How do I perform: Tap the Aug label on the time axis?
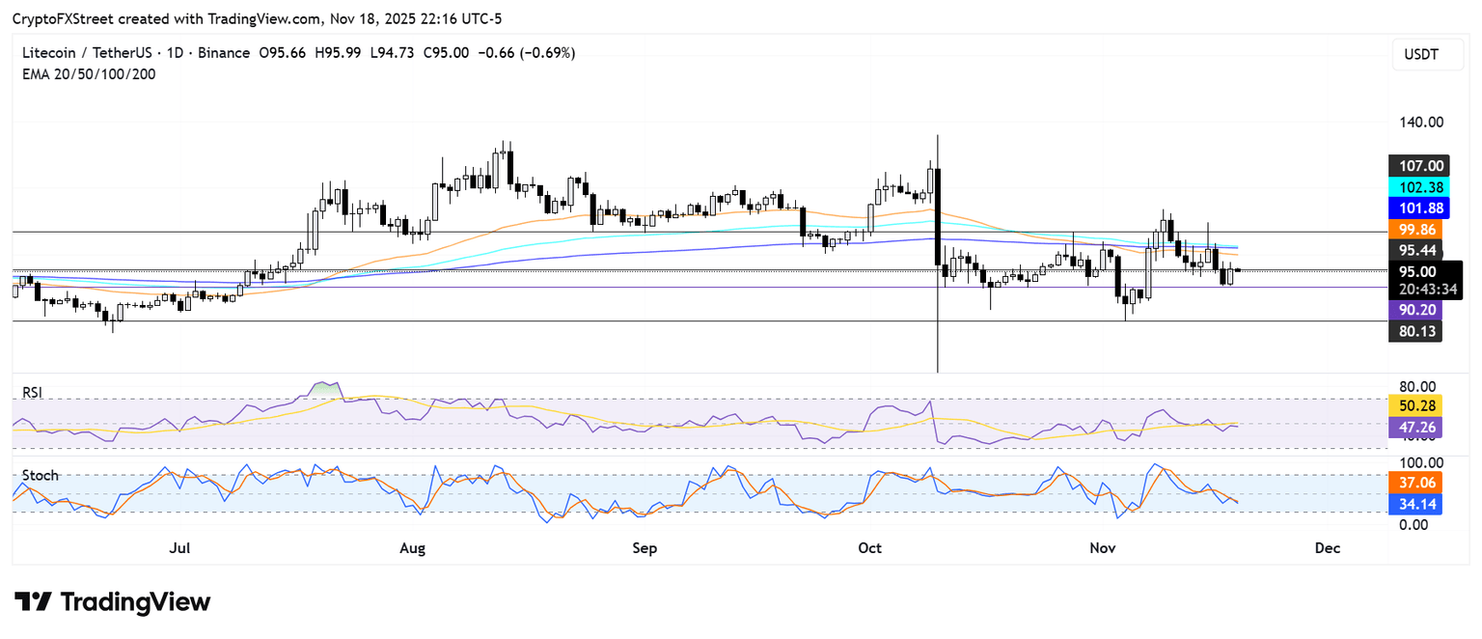[x=412, y=548]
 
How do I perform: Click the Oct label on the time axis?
[x=870, y=548]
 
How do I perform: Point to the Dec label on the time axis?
[x=1328, y=548]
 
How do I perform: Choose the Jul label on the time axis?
[x=179, y=548]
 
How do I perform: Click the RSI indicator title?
[x=34, y=393]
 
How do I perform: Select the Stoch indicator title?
[x=41, y=476]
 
